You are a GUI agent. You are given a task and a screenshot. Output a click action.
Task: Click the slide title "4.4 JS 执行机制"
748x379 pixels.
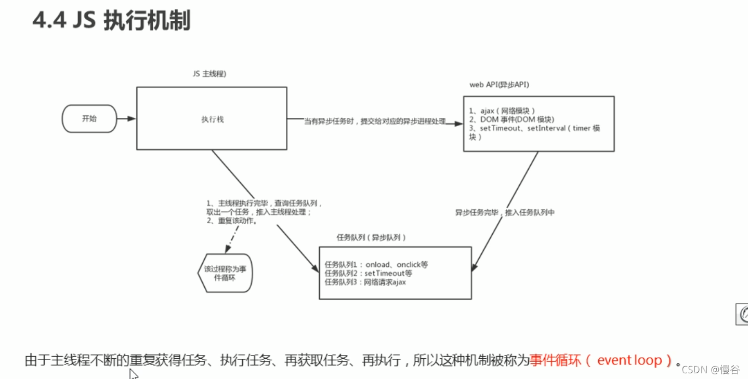tap(111, 21)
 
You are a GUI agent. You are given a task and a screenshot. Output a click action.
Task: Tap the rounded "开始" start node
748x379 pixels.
tap(89, 118)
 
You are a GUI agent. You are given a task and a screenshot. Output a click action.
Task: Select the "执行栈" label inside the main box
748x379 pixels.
tap(212, 119)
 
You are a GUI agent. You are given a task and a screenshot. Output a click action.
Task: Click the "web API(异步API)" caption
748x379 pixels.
tap(499, 85)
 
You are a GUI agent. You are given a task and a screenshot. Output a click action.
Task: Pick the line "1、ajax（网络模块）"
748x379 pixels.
tap(502, 110)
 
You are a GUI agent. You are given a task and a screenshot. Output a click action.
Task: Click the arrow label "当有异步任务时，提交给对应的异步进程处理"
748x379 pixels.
tap(375, 121)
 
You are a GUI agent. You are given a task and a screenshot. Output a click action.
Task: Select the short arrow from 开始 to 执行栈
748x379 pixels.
tap(126, 118)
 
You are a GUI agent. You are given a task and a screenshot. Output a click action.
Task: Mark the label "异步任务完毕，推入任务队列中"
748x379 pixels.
tap(505, 212)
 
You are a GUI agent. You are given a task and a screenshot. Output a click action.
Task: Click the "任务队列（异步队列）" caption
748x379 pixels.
tap(371, 237)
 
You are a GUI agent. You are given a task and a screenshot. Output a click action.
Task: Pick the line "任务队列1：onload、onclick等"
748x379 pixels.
tap(376, 265)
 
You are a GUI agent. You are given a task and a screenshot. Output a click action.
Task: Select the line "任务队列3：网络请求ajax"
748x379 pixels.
tap(365, 282)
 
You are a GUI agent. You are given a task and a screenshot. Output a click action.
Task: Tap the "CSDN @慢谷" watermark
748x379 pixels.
tap(711, 370)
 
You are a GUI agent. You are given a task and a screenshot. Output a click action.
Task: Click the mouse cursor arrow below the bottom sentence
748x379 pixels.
tap(133, 373)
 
